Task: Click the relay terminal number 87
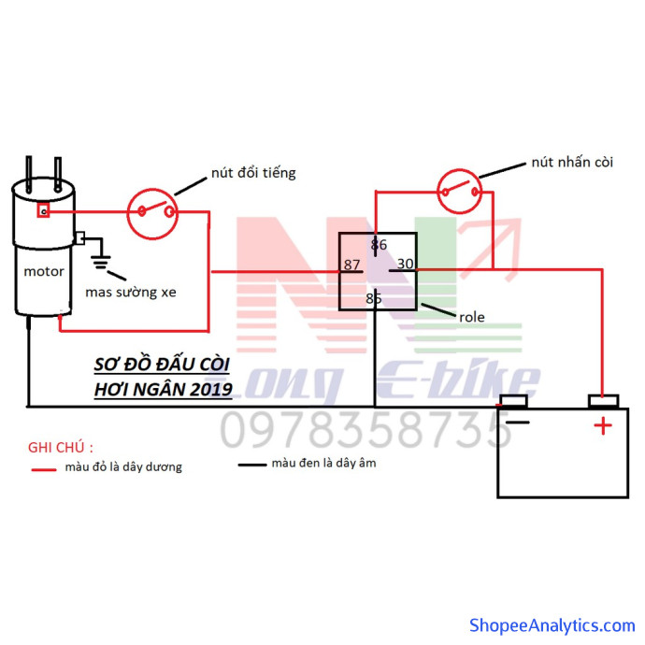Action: tap(351, 265)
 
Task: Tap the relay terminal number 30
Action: tap(405, 264)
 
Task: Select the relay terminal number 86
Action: tap(379, 245)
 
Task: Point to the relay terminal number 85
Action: tap(374, 298)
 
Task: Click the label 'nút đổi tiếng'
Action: tap(253, 173)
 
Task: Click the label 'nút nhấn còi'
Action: tap(572, 162)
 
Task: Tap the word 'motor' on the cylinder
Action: tap(44, 271)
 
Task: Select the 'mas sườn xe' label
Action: tap(131, 292)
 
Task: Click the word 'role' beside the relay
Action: tap(472, 317)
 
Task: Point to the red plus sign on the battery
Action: tap(603, 425)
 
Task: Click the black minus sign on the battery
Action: tap(518, 422)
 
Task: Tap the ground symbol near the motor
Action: tap(101, 263)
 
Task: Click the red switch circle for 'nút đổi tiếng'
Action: tap(152, 214)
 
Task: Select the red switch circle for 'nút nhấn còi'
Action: tap(460, 192)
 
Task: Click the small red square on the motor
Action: tap(44, 210)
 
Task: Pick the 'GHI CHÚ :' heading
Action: tap(61, 448)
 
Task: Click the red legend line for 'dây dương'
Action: tap(44, 470)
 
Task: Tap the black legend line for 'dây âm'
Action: tap(252, 466)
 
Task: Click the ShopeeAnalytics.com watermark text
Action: tap(552, 625)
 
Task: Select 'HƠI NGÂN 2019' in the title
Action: tap(164, 390)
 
